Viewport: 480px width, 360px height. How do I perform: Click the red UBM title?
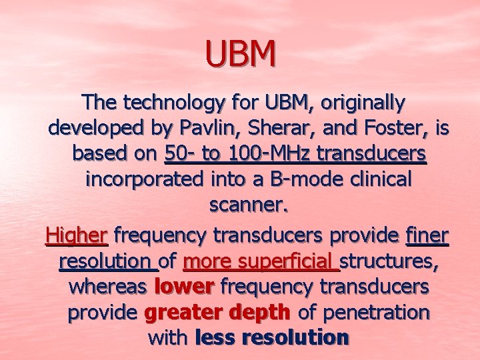240,55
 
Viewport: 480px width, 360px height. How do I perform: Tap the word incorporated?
138,180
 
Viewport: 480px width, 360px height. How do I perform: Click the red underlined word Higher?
77,235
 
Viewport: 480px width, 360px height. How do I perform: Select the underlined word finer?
427,235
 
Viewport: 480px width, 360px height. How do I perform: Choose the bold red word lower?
183,287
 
